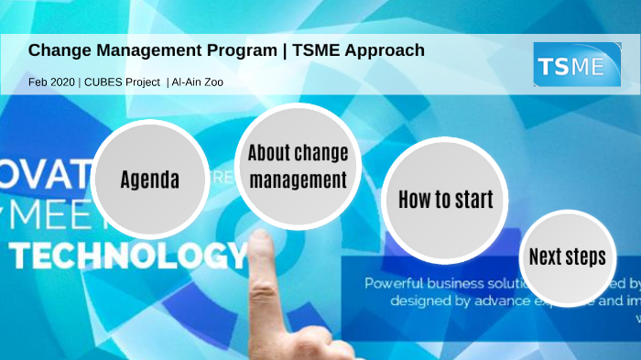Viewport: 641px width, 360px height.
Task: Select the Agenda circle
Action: pos(149,178)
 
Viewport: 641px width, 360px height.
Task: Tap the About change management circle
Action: pos(298,166)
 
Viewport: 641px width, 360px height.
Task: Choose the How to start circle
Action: pos(445,199)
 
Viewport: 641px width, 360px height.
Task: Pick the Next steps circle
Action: pos(567,257)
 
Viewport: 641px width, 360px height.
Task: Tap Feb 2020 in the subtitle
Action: pos(51,82)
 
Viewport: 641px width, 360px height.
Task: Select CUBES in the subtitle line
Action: pos(106,82)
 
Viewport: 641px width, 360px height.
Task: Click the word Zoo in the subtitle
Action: pos(213,82)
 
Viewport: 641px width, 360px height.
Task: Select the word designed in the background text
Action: pos(420,300)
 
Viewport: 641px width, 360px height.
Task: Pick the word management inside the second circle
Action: pos(298,180)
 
